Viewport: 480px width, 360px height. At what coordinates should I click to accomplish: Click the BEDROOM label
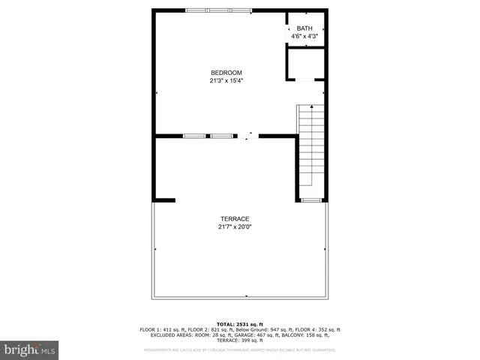[226, 73]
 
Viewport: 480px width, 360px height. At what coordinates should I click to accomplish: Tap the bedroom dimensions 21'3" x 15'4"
[226, 81]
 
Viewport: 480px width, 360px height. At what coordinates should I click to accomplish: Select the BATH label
[304, 28]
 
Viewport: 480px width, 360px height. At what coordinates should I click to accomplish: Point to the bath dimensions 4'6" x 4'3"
[304, 36]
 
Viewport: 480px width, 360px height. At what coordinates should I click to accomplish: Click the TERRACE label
[234, 218]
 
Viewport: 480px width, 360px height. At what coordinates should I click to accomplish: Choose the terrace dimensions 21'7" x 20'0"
[234, 226]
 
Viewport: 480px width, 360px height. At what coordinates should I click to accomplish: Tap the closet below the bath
[305, 64]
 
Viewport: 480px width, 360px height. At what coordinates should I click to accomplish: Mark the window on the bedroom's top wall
[220, 10]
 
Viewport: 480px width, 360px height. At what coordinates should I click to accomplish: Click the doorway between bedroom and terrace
[248, 136]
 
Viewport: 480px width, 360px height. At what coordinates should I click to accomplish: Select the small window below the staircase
[311, 200]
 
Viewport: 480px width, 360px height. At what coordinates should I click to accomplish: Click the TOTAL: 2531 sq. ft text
[239, 323]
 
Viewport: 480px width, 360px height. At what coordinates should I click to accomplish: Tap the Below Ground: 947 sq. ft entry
[263, 330]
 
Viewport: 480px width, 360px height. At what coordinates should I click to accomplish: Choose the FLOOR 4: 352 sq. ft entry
[317, 330]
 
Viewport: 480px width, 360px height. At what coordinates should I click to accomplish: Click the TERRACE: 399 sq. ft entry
[240, 340]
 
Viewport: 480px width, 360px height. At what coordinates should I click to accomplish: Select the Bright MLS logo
[30, 349]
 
